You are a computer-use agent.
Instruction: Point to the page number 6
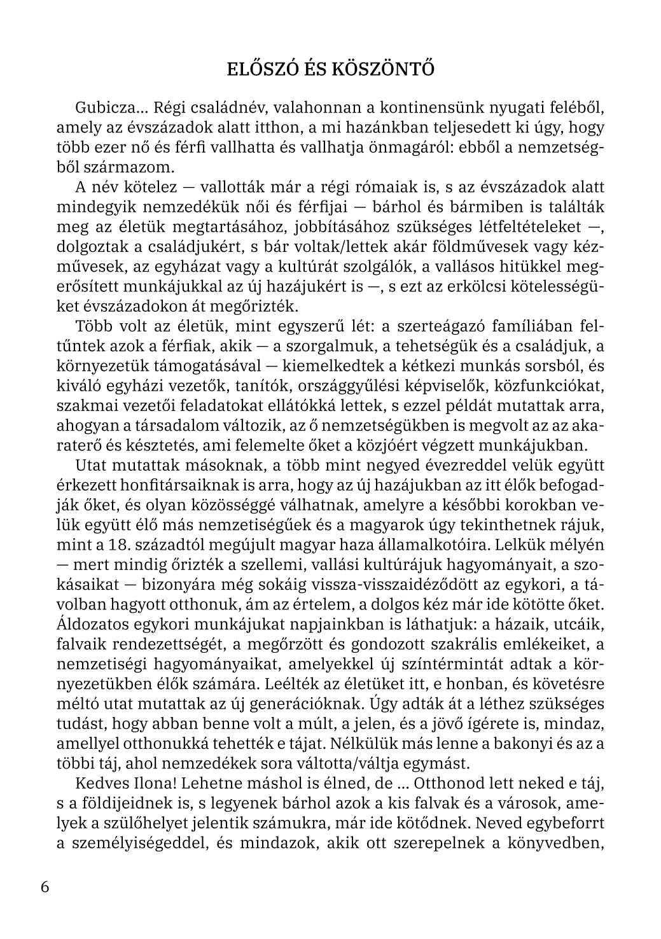[x=45, y=887]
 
